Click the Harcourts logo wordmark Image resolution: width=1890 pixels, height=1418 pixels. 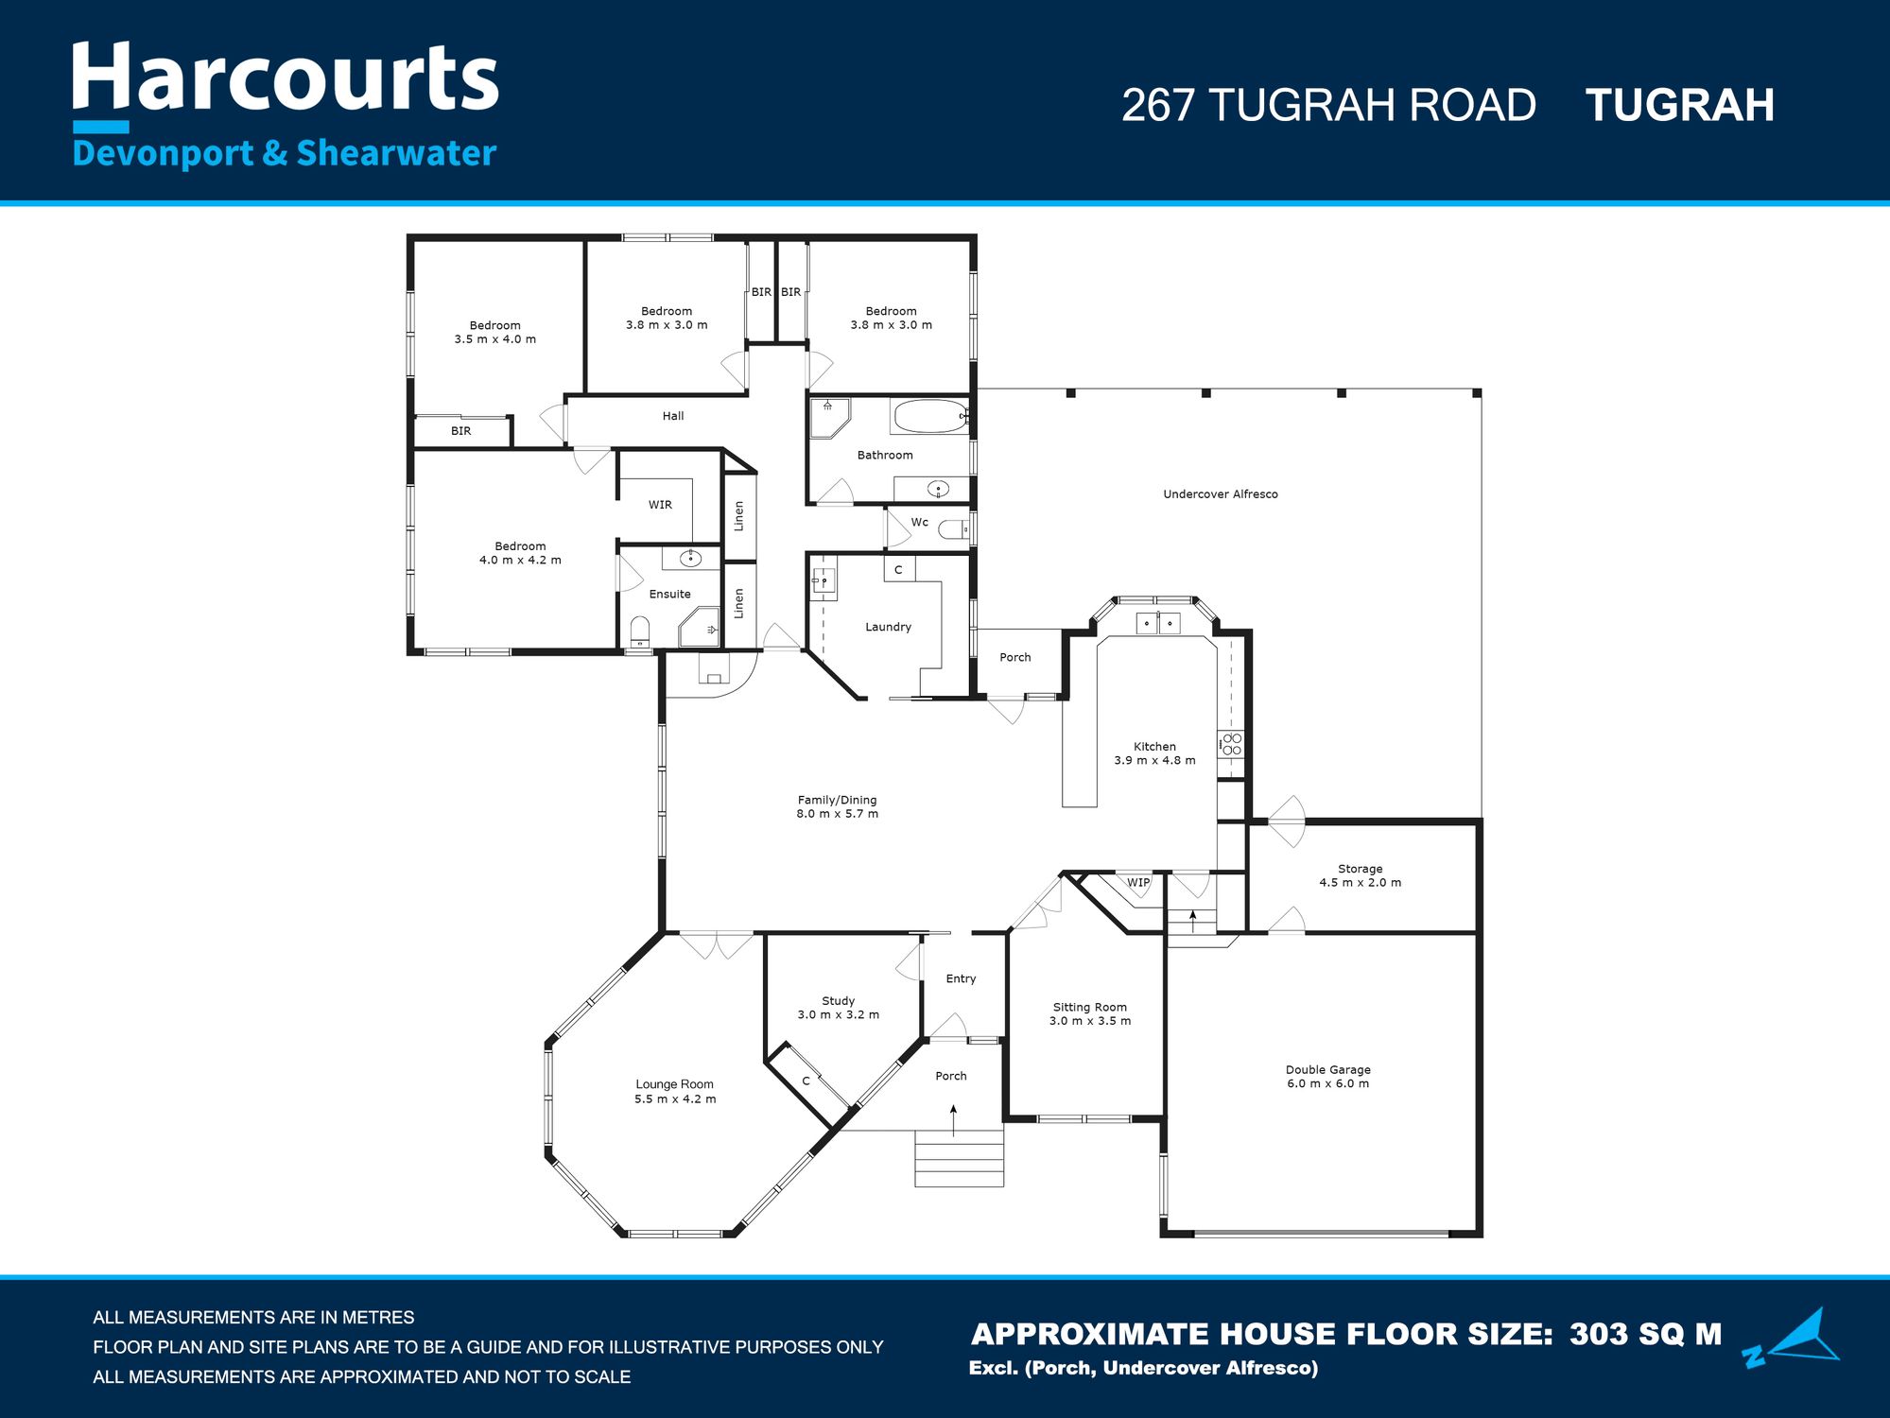[x=285, y=78]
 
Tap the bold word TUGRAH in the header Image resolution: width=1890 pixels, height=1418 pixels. [x=1679, y=105]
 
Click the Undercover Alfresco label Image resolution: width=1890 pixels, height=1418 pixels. [x=1220, y=494]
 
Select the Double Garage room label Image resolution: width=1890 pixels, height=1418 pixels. [x=1327, y=1070]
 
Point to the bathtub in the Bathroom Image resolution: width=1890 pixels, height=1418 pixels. [x=930, y=416]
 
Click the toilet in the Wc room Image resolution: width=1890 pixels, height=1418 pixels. [x=953, y=529]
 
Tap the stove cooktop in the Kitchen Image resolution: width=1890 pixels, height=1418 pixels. [x=1231, y=744]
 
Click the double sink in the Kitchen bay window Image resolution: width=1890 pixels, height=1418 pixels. [x=1158, y=624]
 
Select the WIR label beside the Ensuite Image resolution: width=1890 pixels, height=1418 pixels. [x=660, y=505]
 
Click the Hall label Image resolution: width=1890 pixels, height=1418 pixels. [x=673, y=416]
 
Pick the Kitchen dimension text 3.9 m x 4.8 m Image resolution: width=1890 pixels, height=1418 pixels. [x=1154, y=760]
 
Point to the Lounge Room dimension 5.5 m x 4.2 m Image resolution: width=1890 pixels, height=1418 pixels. [x=675, y=1099]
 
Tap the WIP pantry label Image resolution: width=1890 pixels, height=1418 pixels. [x=1138, y=883]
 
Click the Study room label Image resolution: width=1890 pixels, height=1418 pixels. [x=838, y=1001]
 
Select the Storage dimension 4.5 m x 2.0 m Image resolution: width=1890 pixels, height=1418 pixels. [x=1361, y=883]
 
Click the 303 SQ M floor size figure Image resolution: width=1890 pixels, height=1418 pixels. [x=1645, y=1334]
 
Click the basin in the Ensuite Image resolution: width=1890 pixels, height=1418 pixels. [x=690, y=558]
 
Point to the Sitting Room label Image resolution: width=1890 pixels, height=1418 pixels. [x=1090, y=1008]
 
